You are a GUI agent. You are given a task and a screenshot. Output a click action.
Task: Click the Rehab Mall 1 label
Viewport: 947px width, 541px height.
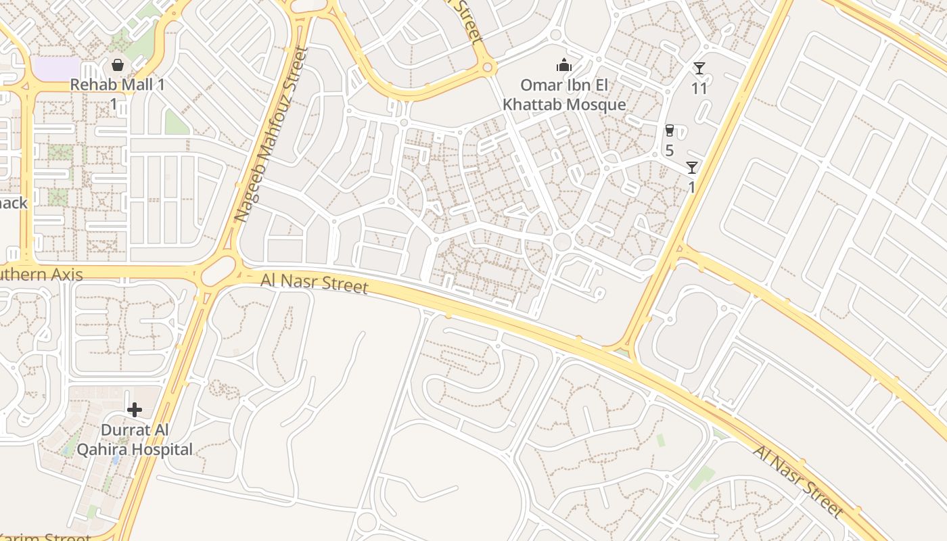point(118,85)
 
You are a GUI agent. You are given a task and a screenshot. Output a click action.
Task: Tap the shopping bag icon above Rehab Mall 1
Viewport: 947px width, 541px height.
point(118,65)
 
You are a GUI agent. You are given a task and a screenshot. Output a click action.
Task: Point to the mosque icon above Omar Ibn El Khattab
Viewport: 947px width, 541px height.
point(563,65)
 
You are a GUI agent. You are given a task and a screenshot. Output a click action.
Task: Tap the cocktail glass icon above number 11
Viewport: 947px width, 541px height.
point(699,68)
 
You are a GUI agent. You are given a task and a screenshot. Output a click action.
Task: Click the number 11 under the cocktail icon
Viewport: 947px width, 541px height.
point(699,88)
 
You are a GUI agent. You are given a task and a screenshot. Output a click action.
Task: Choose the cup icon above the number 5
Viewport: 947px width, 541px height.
point(669,131)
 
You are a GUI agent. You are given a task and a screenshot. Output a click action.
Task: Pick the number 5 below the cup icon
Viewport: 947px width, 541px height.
point(669,150)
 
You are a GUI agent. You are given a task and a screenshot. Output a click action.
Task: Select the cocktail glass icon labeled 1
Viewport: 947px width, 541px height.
point(691,167)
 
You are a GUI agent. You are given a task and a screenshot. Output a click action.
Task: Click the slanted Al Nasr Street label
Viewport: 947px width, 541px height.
point(798,481)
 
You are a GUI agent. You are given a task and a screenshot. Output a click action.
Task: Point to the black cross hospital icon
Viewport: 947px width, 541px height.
point(135,409)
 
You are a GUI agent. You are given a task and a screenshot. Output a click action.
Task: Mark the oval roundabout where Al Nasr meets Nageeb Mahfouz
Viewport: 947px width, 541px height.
point(218,272)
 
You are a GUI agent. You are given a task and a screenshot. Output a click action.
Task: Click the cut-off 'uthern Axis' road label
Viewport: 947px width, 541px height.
point(41,275)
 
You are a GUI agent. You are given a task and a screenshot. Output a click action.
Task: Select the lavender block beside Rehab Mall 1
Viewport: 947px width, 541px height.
point(56,68)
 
